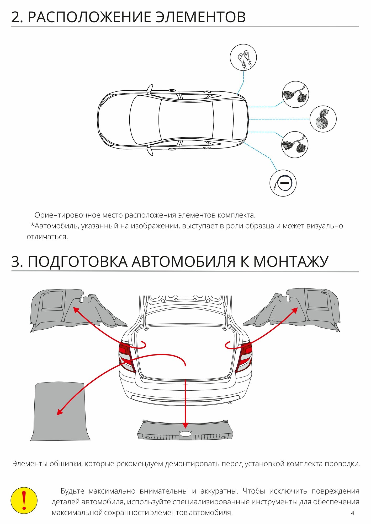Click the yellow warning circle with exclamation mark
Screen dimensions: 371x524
(24, 500)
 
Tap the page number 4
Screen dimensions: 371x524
(352, 513)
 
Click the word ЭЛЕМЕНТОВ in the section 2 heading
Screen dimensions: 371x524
(200, 17)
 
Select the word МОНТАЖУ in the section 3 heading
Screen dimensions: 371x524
(291, 261)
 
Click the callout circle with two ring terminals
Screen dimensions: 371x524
(243, 57)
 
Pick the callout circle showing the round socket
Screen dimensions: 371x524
(323, 119)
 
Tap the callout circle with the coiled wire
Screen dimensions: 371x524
(283, 183)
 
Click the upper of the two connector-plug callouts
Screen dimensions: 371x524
(295, 94)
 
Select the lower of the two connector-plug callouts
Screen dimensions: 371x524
(295, 145)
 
